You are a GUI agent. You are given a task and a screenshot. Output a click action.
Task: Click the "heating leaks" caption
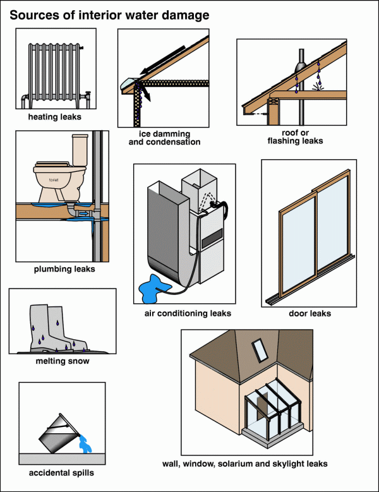click(54, 117)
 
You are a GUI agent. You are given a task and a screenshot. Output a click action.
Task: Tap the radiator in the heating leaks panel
click(53, 75)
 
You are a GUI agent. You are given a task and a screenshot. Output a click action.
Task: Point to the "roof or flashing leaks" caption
click(291, 137)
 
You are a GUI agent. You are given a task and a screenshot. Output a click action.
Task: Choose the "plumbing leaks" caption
click(64, 269)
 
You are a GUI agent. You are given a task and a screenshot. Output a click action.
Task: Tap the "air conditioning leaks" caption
click(188, 313)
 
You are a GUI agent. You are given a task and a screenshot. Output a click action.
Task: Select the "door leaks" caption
click(310, 313)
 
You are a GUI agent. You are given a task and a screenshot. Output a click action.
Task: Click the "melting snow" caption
click(62, 361)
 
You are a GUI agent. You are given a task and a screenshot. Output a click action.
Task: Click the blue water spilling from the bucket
click(83, 447)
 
